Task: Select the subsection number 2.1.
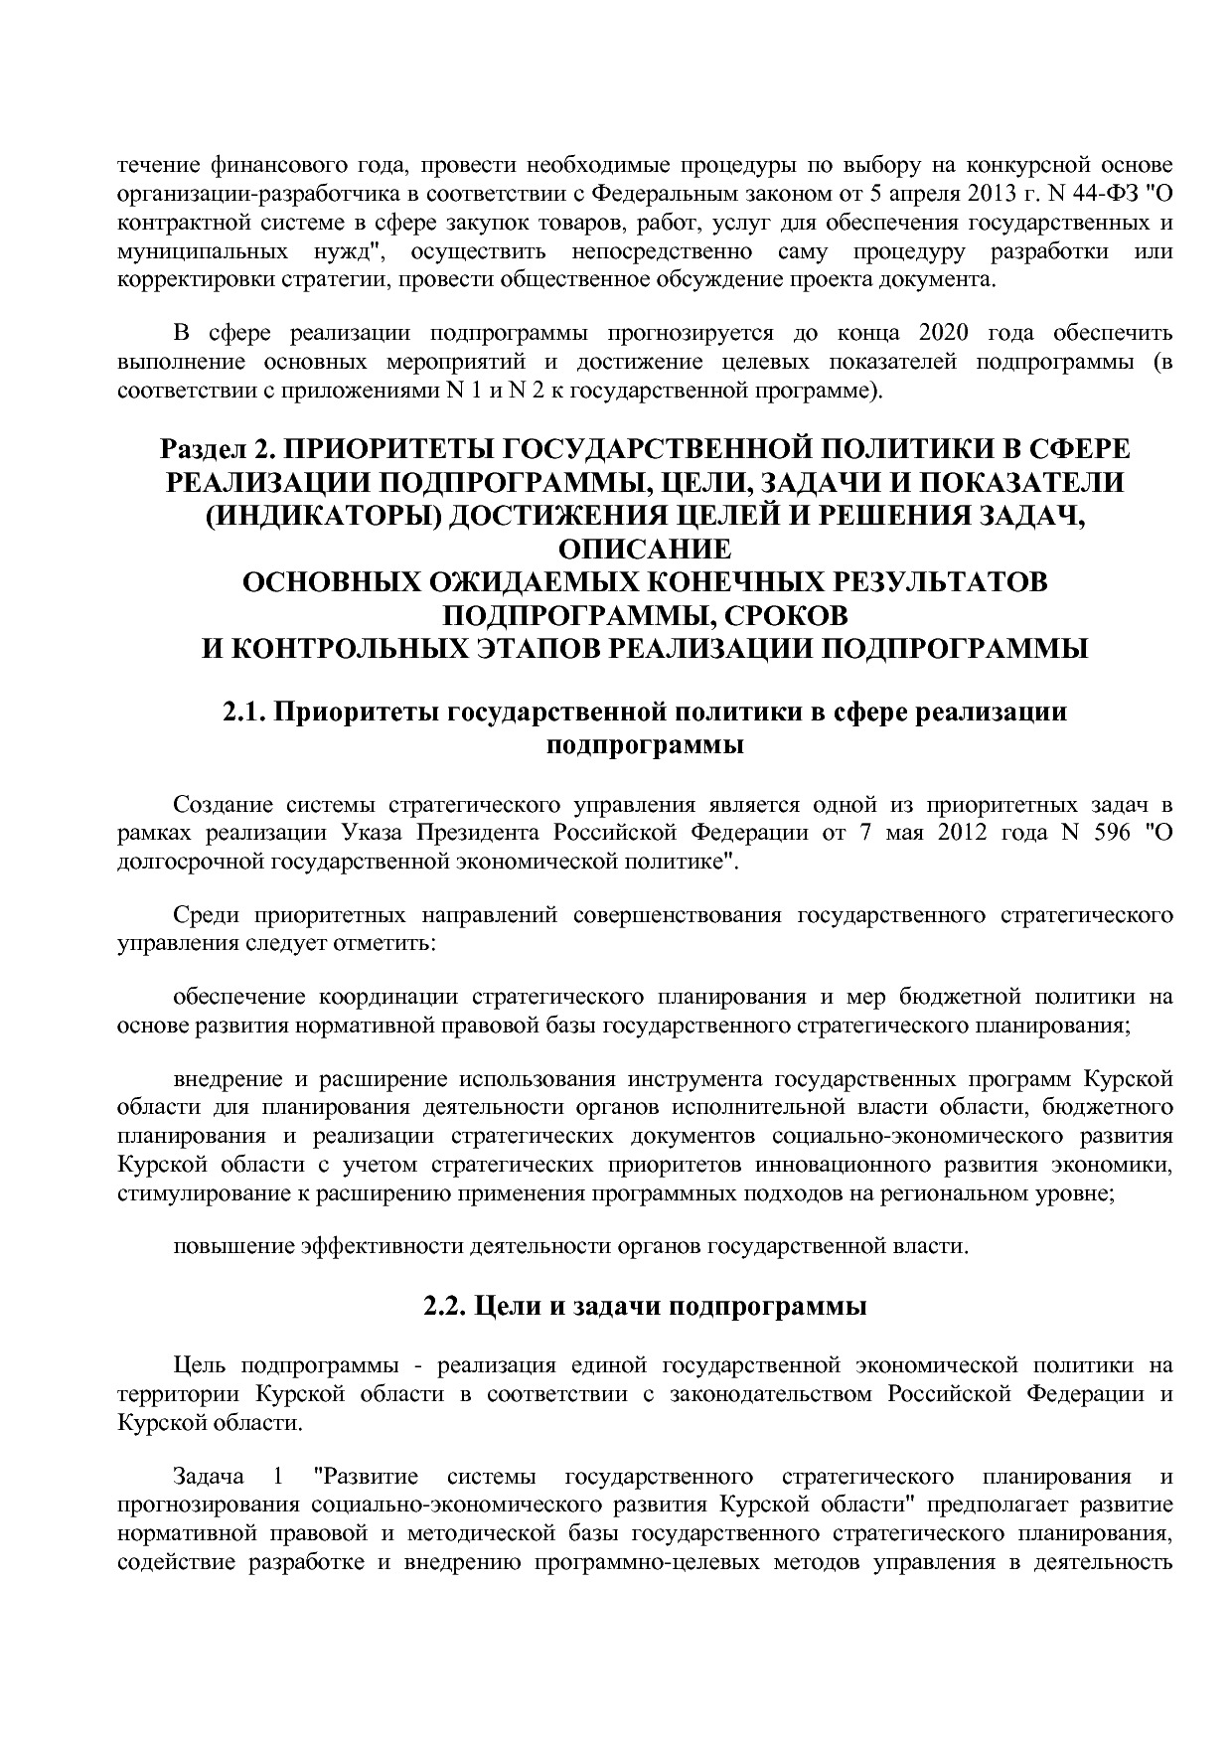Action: coord(243,713)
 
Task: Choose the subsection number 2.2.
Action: coord(445,1306)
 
